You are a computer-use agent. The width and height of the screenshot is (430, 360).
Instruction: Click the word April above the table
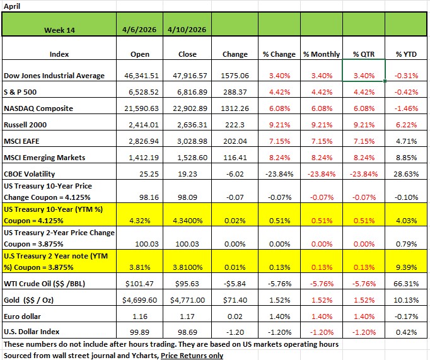pos(12,6)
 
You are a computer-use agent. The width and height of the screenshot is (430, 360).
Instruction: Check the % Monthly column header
pos(321,54)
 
